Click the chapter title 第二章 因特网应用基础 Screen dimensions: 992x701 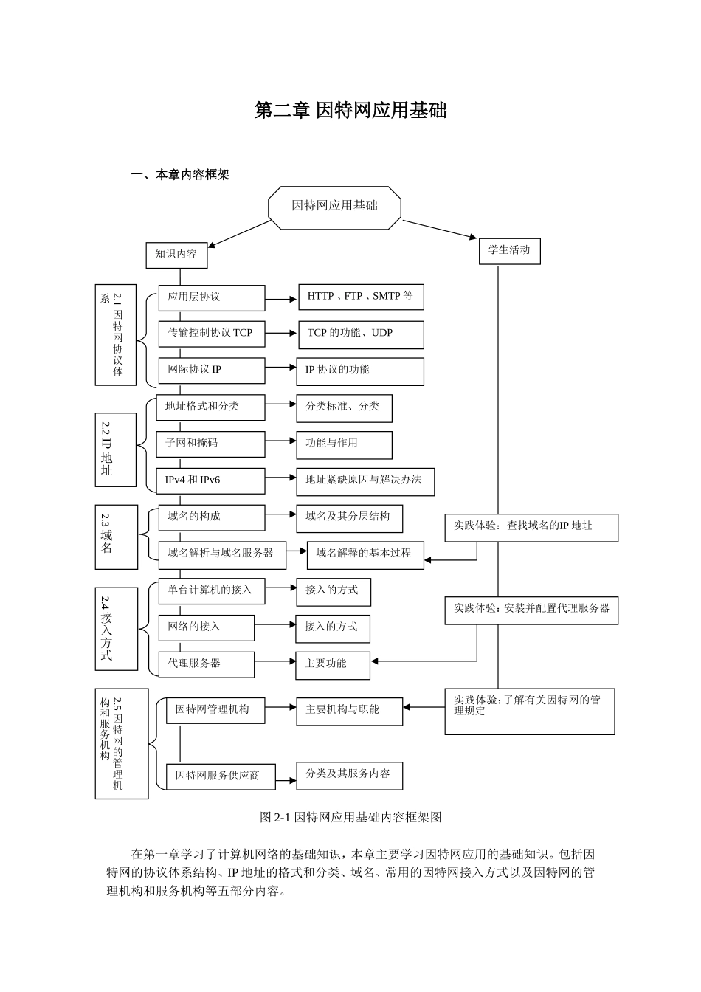350,111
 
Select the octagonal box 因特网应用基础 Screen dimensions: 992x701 334,207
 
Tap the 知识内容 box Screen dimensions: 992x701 176,255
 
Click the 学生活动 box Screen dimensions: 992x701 509,251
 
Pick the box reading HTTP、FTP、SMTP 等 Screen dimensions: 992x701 361,297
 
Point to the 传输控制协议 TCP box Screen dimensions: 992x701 211,334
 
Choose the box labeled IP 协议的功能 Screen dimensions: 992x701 359,371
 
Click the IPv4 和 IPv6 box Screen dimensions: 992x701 210,480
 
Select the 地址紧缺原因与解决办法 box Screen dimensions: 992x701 365,480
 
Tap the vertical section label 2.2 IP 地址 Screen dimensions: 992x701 115,449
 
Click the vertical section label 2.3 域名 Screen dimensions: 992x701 116,537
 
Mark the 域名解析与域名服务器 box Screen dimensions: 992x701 221,554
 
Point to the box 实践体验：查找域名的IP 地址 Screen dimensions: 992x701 531,527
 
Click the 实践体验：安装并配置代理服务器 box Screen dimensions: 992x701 531,610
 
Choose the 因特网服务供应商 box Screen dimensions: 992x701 221,776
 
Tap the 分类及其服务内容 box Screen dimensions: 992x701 349,775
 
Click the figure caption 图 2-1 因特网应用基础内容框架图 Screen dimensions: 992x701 350,817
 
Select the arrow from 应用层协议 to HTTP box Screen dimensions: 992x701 281,300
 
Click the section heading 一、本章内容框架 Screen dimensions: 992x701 180,175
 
